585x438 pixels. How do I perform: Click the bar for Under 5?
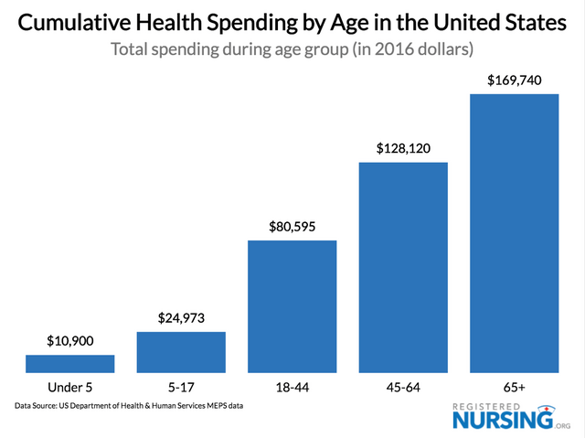pos(69,363)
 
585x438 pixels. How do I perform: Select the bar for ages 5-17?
pos(181,352)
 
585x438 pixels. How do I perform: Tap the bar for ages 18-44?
pos(292,306)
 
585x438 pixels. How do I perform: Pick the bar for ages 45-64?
pos(403,267)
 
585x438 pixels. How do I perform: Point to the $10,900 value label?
pos(69,340)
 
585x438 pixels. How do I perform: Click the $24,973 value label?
pos(181,317)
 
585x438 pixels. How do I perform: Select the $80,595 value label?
pos(292,226)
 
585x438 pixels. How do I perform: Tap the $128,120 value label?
pos(403,148)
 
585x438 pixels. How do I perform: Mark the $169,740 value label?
pos(514,80)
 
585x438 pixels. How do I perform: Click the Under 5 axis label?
pos(69,387)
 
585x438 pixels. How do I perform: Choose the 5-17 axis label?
pos(181,387)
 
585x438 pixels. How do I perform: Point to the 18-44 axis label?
pos(292,387)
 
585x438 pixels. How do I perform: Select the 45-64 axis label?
pos(403,387)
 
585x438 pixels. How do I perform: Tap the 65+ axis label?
pos(514,387)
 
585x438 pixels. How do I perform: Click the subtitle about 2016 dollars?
pos(292,49)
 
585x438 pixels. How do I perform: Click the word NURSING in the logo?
pos(502,421)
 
